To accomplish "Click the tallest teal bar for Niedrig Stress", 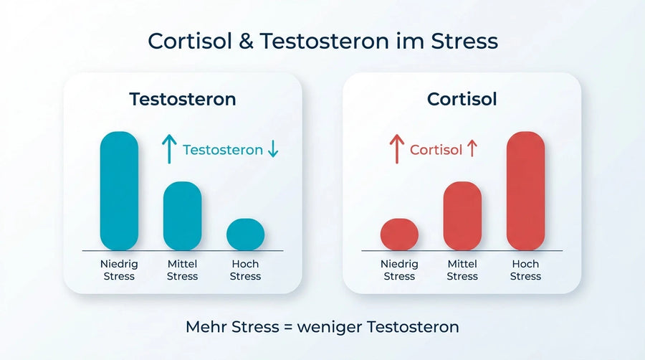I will point(119,191).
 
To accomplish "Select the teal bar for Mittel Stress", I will point(182,216).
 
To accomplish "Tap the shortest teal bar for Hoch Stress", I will point(245,235).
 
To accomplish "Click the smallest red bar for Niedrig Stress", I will point(399,235).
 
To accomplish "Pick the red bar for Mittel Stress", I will point(462,216).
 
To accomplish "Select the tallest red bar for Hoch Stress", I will point(525,191).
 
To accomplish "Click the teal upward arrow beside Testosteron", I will point(168,149).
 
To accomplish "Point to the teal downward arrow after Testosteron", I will point(272,149).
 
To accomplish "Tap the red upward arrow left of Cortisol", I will point(396,149).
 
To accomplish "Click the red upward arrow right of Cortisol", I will point(472,149).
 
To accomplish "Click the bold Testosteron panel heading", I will point(182,99).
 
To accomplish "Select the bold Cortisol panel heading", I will point(462,99).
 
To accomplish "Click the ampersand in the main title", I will point(244,41).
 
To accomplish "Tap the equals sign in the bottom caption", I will point(287,327).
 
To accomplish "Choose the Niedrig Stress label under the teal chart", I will point(119,270).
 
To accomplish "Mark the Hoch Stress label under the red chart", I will point(525,270).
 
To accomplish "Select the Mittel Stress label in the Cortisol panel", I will point(462,270).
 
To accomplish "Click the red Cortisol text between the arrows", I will point(436,150).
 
